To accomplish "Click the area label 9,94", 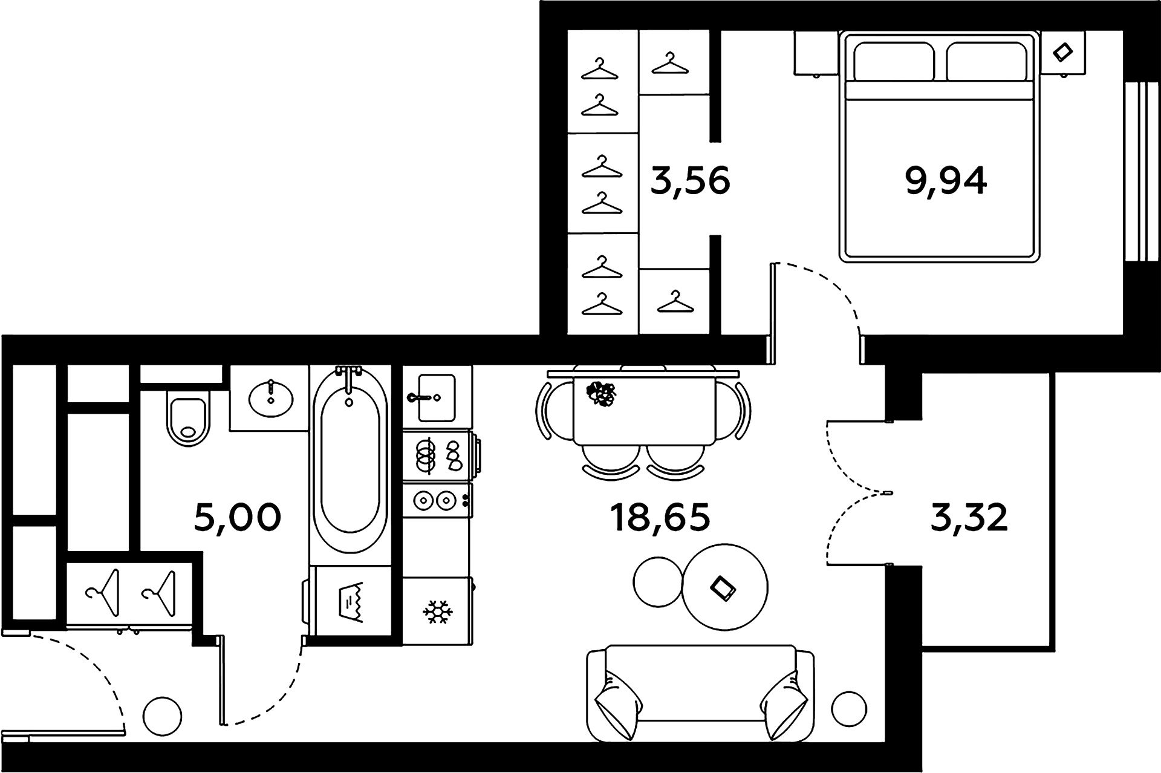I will pos(946,181).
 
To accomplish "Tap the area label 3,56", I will pos(690,181).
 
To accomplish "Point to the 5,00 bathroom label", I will pos(238,518).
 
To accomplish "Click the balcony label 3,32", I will pos(969,518).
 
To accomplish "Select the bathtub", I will pos(350,460).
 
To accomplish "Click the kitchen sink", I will pos(436,397).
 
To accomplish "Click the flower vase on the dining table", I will pos(601,393).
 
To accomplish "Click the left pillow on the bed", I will pos(893,62).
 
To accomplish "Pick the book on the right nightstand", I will pos(1061,52).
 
